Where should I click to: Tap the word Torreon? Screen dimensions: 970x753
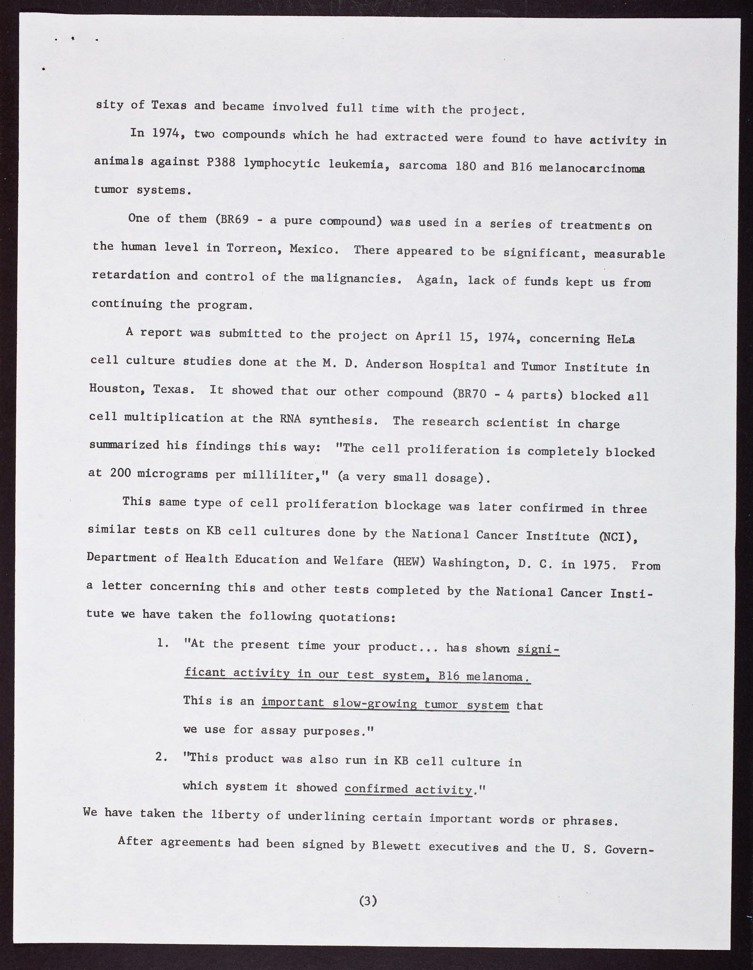pyautogui.click(x=253, y=248)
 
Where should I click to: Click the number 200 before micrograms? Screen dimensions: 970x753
pyautogui.click(x=120, y=473)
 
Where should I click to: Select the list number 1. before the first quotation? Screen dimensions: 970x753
pyautogui.click(x=162, y=643)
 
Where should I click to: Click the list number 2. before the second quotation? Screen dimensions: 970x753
pyautogui.click(x=162, y=758)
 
